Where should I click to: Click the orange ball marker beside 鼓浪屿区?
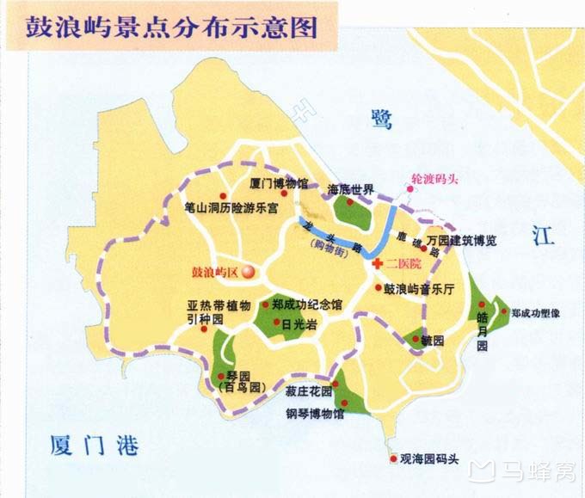pos(248,273)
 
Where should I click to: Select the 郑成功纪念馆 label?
pos(306,304)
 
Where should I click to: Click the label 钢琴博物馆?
pos(315,415)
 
